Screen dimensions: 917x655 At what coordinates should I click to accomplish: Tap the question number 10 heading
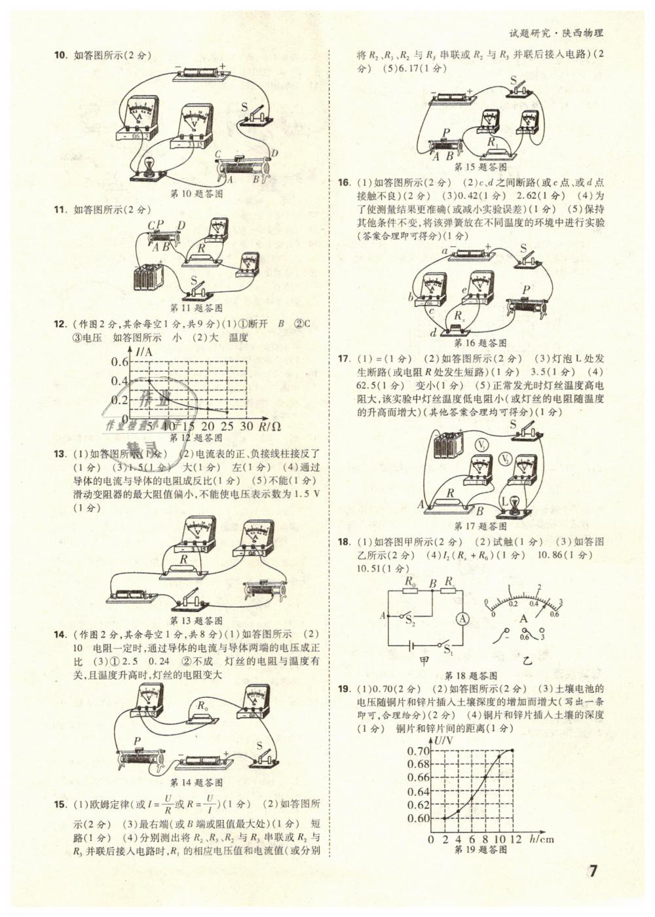pyautogui.click(x=60, y=56)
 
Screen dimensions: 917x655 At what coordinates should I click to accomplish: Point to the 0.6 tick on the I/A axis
pyautogui.click(x=119, y=362)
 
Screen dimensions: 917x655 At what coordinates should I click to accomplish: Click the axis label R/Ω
pyautogui.click(x=270, y=427)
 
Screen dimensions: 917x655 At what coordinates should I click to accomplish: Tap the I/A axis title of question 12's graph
pyautogui.click(x=143, y=352)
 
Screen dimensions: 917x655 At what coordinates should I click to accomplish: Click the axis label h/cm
pyautogui.click(x=540, y=839)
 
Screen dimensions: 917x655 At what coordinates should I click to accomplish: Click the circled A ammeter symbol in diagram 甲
pyautogui.click(x=462, y=618)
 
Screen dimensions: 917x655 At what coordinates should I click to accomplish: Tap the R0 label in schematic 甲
pyautogui.click(x=411, y=581)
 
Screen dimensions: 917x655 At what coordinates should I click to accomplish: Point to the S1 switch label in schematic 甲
pyautogui.click(x=449, y=650)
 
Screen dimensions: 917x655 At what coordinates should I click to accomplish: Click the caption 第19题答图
pyautogui.click(x=480, y=850)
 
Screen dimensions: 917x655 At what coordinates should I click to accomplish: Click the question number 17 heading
pyautogui.click(x=345, y=359)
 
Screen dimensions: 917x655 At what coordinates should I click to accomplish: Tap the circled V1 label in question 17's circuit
pyautogui.click(x=483, y=445)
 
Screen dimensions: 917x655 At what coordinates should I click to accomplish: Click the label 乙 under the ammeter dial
pyautogui.click(x=527, y=660)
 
